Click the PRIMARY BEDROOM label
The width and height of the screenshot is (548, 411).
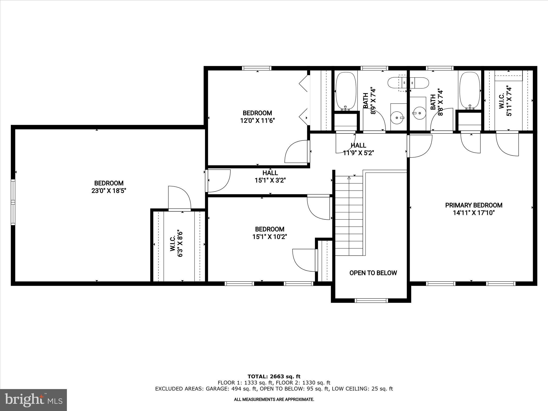474,205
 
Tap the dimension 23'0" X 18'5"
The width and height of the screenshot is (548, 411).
109,191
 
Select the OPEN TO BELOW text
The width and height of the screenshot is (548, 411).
373,273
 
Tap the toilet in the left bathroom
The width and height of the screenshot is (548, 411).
408,83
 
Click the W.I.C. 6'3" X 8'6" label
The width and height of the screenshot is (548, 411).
176,244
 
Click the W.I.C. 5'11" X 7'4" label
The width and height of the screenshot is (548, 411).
505,101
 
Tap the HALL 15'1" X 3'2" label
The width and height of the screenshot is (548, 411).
270,177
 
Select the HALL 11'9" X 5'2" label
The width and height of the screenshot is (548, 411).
358,149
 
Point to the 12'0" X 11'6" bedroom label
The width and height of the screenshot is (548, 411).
257,117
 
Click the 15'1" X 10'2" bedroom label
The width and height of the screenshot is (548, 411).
269,233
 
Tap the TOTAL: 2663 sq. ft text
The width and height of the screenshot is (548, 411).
274,377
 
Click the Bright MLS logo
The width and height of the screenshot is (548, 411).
33,400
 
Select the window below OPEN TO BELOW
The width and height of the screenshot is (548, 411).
371,300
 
